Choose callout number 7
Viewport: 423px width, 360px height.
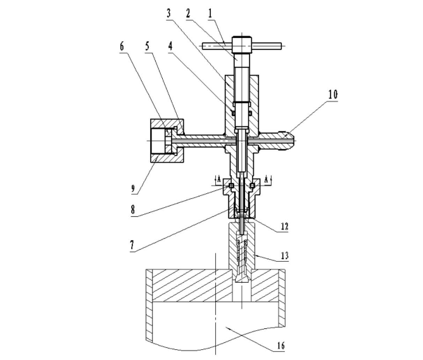click(132, 245)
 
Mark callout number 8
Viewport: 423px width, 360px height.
click(133, 209)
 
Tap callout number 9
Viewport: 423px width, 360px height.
click(133, 188)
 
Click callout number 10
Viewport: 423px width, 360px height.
click(333, 94)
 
